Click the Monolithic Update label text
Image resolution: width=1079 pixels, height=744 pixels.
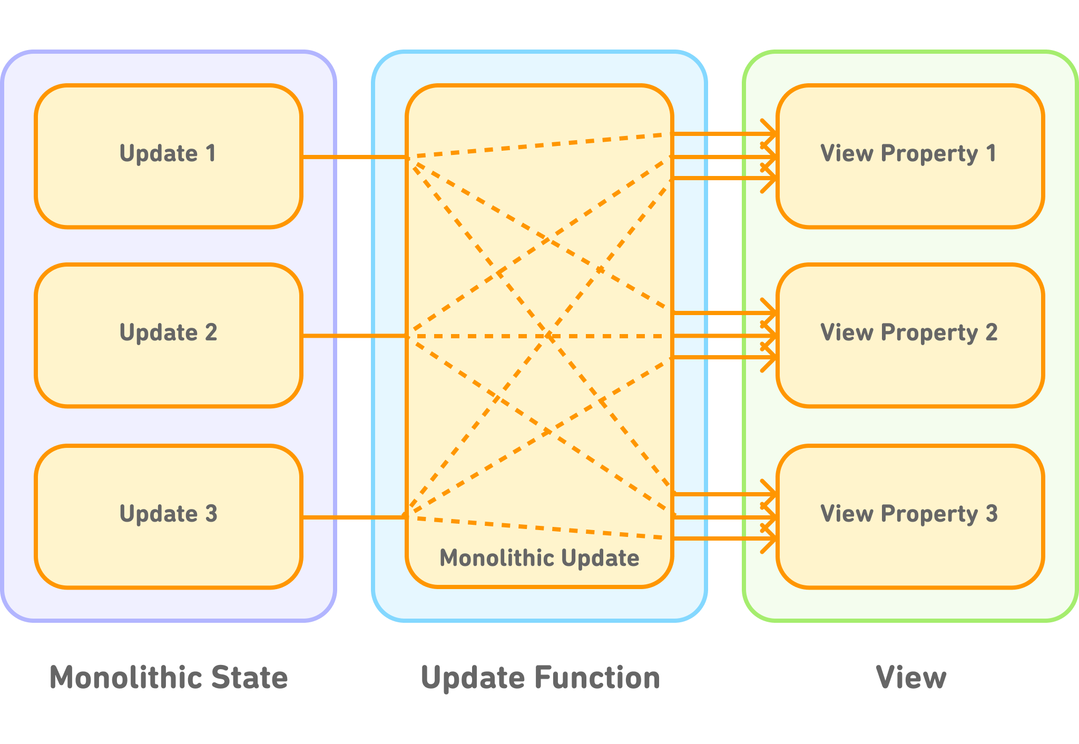[x=539, y=558]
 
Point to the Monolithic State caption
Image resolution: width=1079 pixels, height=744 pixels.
[x=169, y=677]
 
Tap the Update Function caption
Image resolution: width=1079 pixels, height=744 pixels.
[x=540, y=678]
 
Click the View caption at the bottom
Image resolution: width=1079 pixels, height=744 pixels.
[x=911, y=677]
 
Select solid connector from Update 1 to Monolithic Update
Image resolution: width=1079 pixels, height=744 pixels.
[x=354, y=157]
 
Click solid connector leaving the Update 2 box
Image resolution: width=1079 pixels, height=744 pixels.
[x=354, y=336]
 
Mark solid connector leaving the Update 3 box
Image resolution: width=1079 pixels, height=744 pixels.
[x=354, y=517]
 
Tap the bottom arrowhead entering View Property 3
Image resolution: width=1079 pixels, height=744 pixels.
[x=770, y=539]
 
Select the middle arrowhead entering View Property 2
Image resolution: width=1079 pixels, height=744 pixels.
[x=770, y=336]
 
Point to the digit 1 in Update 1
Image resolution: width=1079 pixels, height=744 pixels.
[x=211, y=153]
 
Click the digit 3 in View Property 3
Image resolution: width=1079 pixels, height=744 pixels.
[x=992, y=514]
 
